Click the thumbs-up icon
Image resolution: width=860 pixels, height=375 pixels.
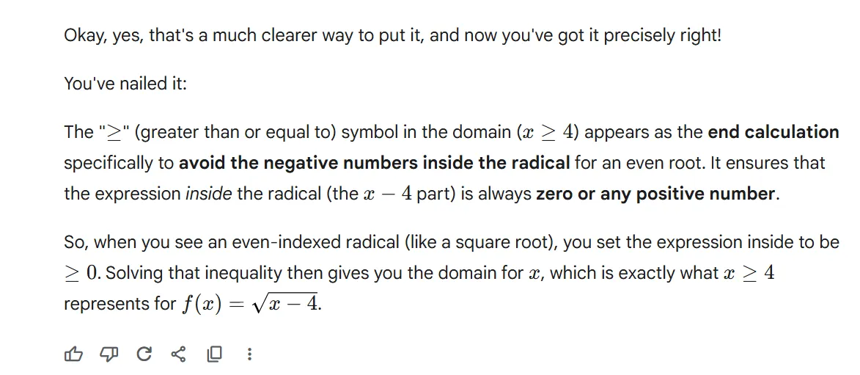tap(73, 354)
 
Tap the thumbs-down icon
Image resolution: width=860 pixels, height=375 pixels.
tap(109, 354)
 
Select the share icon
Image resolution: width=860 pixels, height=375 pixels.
tap(178, 354)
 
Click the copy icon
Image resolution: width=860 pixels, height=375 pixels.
tap(215, 354)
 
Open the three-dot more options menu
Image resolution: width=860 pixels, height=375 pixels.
tap(249, 354)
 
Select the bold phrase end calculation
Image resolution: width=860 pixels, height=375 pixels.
tap(773, 132)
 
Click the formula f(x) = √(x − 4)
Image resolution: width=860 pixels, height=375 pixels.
tap(250, 304)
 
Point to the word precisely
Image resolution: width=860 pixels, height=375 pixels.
tap(637, 36)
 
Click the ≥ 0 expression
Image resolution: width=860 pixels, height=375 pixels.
tap(81, 273)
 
